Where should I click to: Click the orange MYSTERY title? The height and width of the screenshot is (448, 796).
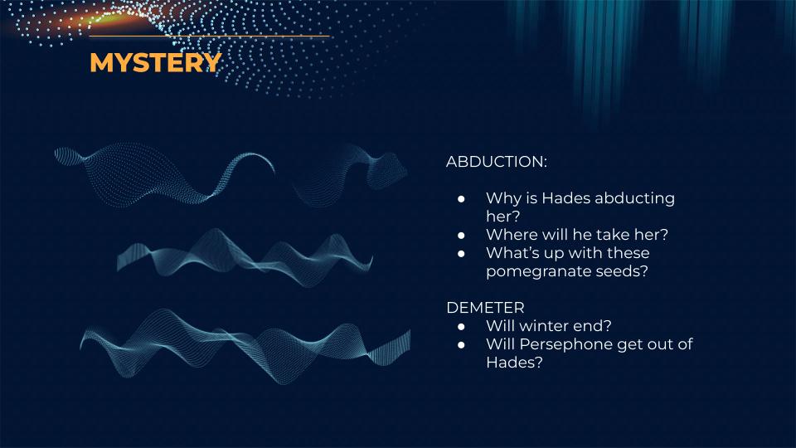(156, 62)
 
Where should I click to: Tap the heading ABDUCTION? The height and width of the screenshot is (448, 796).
(497, 162)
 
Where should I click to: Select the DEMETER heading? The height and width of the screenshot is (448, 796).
(485, 307)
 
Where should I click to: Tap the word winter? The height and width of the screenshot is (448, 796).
(544, 325)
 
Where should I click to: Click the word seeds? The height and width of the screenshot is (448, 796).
(622, 271)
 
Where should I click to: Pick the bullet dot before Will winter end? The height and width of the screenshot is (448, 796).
(461, 327)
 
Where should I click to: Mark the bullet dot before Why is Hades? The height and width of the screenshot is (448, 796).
(461, 198)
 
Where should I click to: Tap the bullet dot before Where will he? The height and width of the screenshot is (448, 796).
(461, 235)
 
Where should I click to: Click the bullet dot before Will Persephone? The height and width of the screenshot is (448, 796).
(461, 345)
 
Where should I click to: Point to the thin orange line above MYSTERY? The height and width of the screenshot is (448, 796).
(210, 36)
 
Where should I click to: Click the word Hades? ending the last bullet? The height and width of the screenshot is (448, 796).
(514, 363)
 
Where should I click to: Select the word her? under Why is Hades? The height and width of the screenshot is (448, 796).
(503, 217)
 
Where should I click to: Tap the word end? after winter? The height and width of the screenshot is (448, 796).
(591, 325)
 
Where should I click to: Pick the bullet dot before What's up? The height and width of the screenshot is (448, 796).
(461, 254)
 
